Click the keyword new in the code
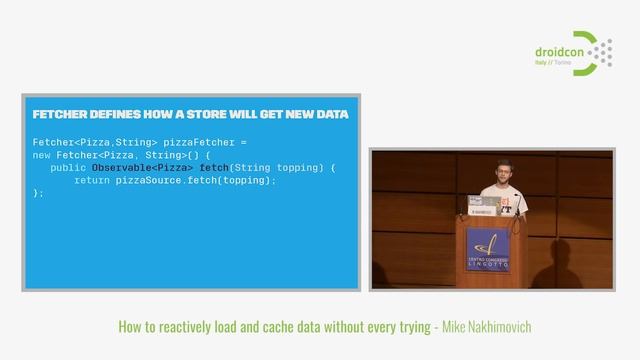[42, 155]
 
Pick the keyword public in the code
[69, 168]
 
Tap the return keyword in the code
[93, 180]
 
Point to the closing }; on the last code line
[38, 193]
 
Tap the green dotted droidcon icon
[597, 53]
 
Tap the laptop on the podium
[484, 204]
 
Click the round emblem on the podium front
[487, 244]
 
